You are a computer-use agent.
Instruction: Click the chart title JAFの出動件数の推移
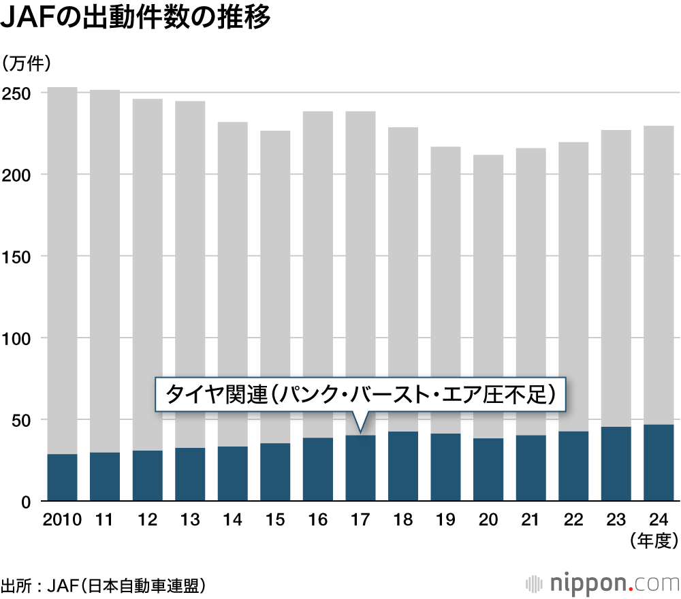[x=136, y=19]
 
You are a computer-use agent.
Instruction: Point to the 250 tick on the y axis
[x=18, y=93]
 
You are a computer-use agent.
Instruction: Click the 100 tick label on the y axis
[x=18, y=338]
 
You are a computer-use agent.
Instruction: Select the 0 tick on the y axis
[x=26, y=502]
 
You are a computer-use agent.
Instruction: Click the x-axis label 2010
[x=62, y=520]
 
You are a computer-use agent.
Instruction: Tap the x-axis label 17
[x=360, y=520]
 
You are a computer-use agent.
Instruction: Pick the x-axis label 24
[x=659, y=520]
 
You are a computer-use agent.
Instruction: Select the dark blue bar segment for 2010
[x=62, y=478]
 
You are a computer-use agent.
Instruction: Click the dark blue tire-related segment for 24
[x=659, y=464]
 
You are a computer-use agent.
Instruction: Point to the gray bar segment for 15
[x=275, y=286]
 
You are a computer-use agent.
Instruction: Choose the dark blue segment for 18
[x=403, y=467]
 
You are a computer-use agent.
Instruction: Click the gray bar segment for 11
[x=105, y=272]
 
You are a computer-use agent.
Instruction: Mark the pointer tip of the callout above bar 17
[x=360, y=432]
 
